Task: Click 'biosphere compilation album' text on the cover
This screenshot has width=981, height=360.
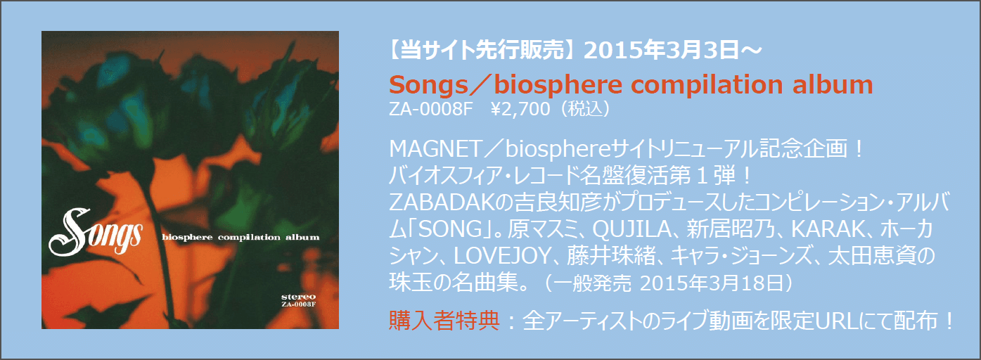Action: coord(241,237)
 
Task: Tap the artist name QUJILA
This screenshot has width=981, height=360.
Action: coord(631,231)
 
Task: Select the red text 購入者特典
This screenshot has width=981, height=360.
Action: coord(444,321)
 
